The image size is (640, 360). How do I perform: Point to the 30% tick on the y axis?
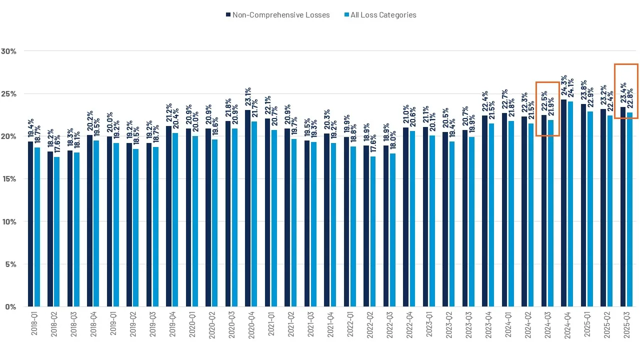pyautogui.click(x=9, y=51)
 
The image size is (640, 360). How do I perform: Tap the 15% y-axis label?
pyautogui.click(x=9, y=179)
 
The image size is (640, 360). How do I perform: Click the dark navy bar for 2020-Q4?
pyautogui.click(x=247, y=208)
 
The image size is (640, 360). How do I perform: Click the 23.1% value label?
pyautogui.click(x=247, y=96)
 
